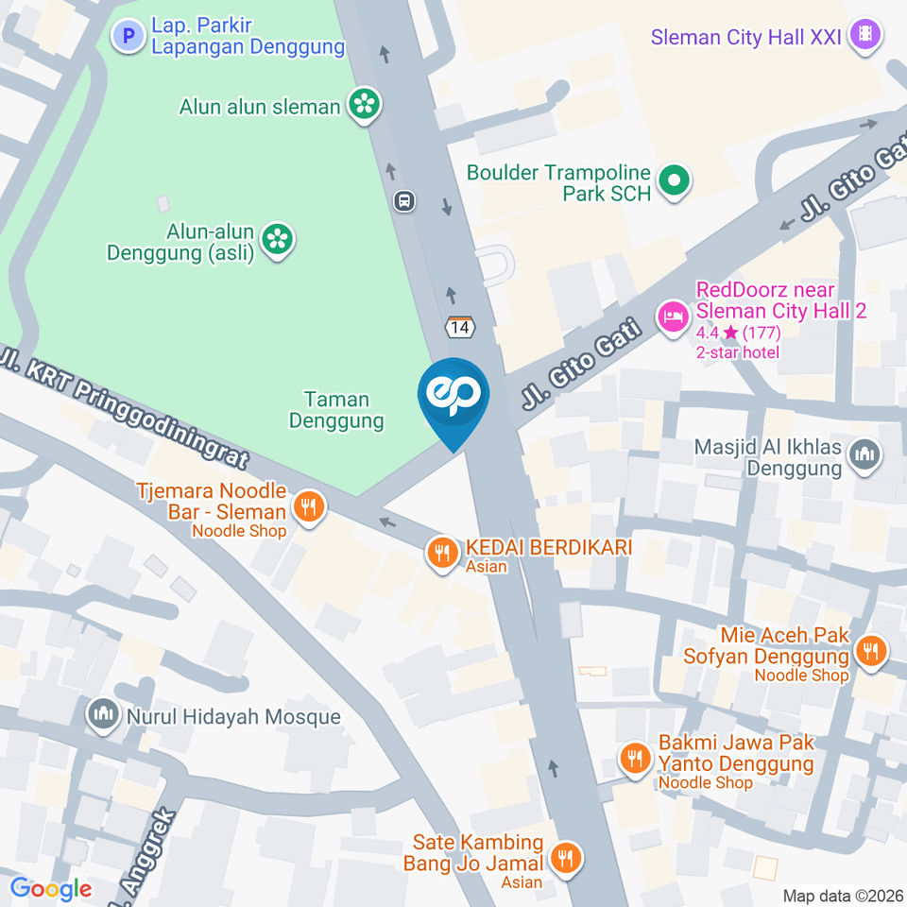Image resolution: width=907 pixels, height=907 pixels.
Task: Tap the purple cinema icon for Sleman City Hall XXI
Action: coord(864,37)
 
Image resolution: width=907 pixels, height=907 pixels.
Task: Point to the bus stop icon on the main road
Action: coord(404,200)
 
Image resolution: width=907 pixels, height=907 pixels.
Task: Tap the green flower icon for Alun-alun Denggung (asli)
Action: coord(277,240)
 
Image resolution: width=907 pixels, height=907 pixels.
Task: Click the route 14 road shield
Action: coord(460,327)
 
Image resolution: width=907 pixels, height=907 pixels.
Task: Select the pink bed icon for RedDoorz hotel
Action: coord(673,315)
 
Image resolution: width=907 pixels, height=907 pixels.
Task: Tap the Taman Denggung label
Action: coord(336,410)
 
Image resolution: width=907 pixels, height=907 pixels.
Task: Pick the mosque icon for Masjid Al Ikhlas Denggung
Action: coord(864,455)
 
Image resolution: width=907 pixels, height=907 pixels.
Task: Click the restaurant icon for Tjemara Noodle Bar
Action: coord(308,508)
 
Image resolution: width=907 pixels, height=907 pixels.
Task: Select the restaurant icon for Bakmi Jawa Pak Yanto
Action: coord(634,757)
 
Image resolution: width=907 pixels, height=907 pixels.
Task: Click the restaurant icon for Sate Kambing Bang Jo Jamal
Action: coord(566,857)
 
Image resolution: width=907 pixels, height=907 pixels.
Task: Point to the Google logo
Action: coord(51,888)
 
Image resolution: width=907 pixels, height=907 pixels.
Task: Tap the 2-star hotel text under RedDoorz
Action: coord(738,352)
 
